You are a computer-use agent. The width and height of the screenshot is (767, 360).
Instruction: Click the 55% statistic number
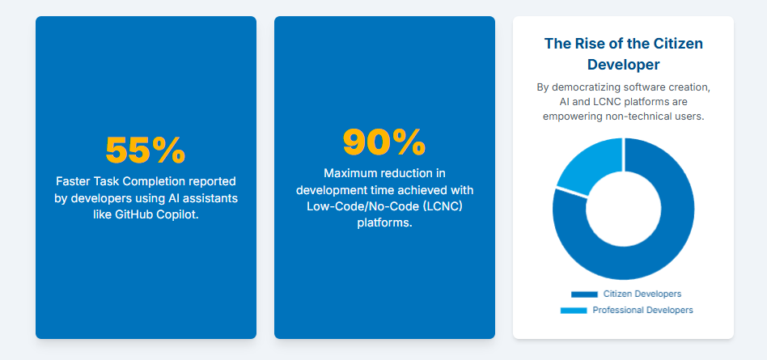click(146, 150)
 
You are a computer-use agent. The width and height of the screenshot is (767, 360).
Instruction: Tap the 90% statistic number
click(384, 142)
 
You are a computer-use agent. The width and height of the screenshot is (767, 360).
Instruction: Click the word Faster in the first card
click(71, 181)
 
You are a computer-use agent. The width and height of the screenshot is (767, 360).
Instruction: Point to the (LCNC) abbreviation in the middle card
click(444, 206)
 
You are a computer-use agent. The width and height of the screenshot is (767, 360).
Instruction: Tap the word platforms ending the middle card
click(384, 223)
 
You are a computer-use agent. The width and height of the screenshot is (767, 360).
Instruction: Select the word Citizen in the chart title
click(678, 44)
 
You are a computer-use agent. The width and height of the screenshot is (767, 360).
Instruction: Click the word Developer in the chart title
click(623, 65)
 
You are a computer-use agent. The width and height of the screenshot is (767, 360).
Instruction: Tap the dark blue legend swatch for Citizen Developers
click(584, 294)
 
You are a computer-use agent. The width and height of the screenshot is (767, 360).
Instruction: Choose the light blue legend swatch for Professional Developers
click(574, 311)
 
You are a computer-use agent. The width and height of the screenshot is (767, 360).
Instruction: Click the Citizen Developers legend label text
click(642, 294)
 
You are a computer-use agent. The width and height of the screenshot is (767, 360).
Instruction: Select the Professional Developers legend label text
click(642, 310)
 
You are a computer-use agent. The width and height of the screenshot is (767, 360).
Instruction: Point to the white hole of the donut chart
click(624, 209)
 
